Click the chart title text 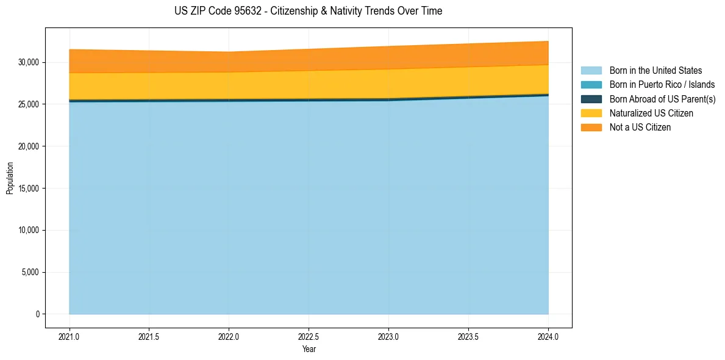pyautogui.click(x=308, y=11)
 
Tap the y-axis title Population pyautogui.click(x=10, y=178)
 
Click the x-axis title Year pyautogui.click(x=309, y=349)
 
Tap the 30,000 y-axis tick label pyautogui.click(x=28, y=62)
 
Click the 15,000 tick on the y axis pyautogui.click(x=28, y=189)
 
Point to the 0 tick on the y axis pyautogui.click(x=37, y=314)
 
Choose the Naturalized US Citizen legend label pyautogui.click(x=651, y=113)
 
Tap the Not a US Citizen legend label pyautogui.click(x=640, y=128)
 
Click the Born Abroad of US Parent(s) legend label pyautogui.click(x=662, y=99)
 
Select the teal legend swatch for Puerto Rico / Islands pyautogui.click(x=591, y=85)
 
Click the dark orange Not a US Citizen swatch pyautogui.click(x=591, y=128)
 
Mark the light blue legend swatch pyautogui.click(x=591, y=71)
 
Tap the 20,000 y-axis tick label pyautogui.click(x=28, y=146)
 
